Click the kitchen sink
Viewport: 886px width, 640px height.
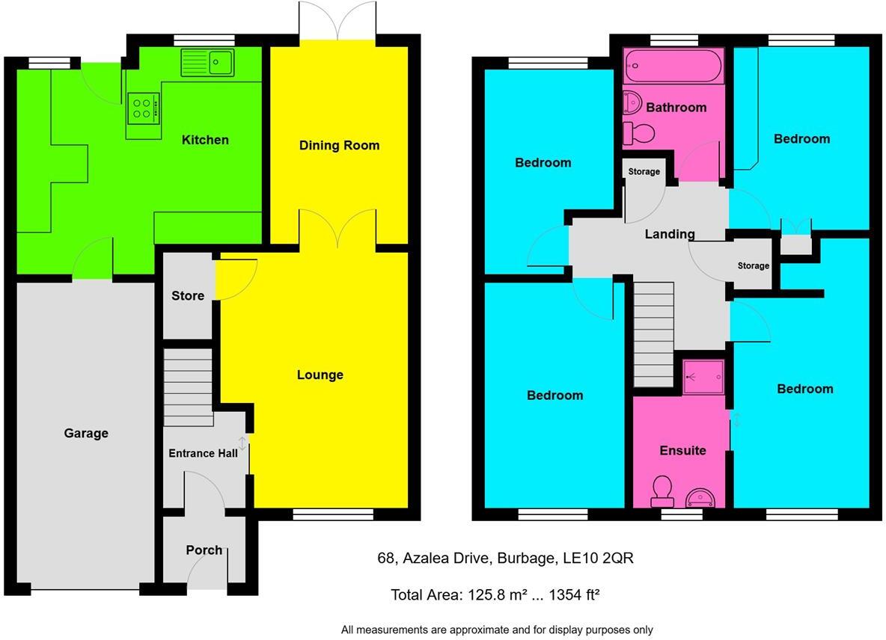207,61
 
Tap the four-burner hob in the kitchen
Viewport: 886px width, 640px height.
144,106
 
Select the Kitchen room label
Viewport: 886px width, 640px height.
205,140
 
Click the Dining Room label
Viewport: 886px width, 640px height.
339,145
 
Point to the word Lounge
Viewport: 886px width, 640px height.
320,375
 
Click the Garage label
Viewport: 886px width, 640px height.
85,433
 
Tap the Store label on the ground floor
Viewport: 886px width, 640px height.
187,296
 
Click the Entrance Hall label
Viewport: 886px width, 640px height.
203,453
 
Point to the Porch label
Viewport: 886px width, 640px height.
204,550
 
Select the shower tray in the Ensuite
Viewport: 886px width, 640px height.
703,376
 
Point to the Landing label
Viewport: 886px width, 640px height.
669,234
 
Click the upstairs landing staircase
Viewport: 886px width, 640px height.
653,333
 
